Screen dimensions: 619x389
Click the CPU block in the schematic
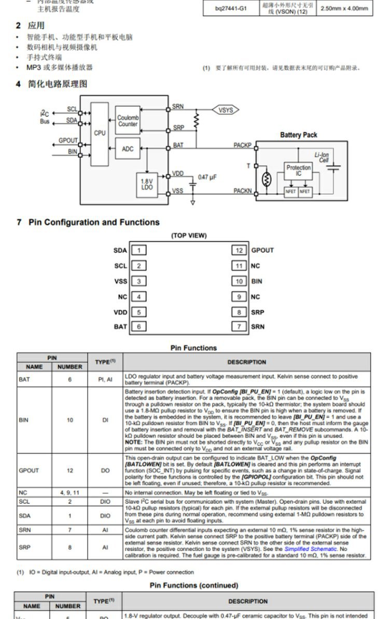pos(100,133)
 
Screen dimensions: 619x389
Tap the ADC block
pos(128,149)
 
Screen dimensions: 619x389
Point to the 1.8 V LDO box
pos(147,184)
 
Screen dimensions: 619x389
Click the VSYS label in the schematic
pos(226,110)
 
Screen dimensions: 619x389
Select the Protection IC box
pos(298,171)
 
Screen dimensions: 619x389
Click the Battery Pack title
pos(298,135)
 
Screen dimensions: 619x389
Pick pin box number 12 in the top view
pos(239,250)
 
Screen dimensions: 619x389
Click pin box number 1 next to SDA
pos(138,250)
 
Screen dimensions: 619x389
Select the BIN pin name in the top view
pos(256,281)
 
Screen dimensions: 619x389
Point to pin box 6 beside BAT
pos(138,326)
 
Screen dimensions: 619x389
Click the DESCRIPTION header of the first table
pos(247,362)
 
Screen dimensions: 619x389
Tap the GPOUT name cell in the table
pos(29,470)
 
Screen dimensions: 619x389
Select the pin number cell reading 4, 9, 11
pos(70,492)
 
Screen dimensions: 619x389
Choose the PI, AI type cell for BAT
pos(105,379)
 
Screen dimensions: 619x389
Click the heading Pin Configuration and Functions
pos(94,222)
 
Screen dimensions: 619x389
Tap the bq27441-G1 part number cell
pos(232,8)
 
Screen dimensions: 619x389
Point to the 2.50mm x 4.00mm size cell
pos(344,8)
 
